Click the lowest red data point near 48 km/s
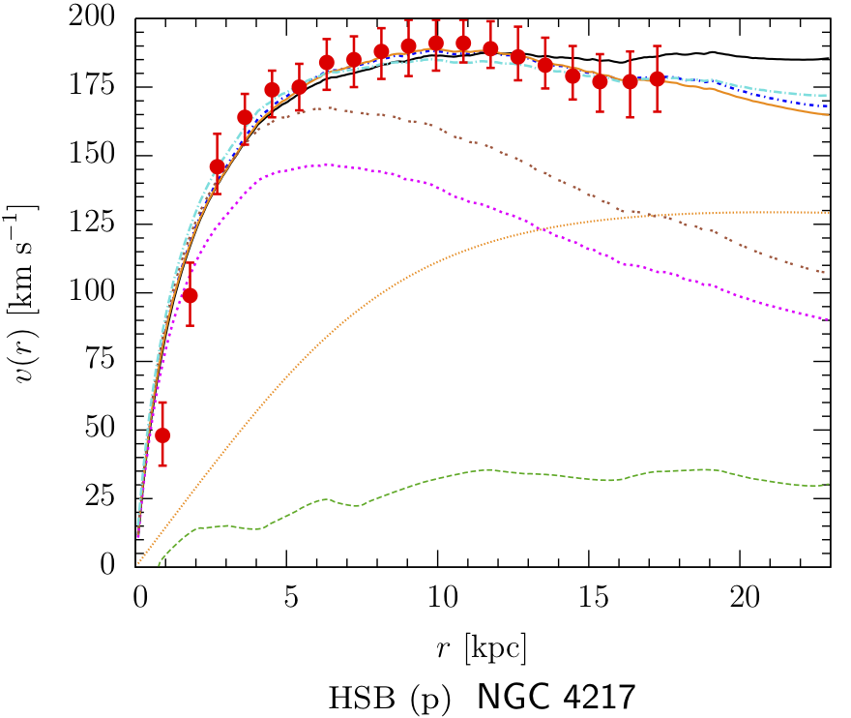(162, 434)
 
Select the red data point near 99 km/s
(191, 295)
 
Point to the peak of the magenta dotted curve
(329, 165)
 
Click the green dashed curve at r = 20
(740, 473)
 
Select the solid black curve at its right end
(829, 59)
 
